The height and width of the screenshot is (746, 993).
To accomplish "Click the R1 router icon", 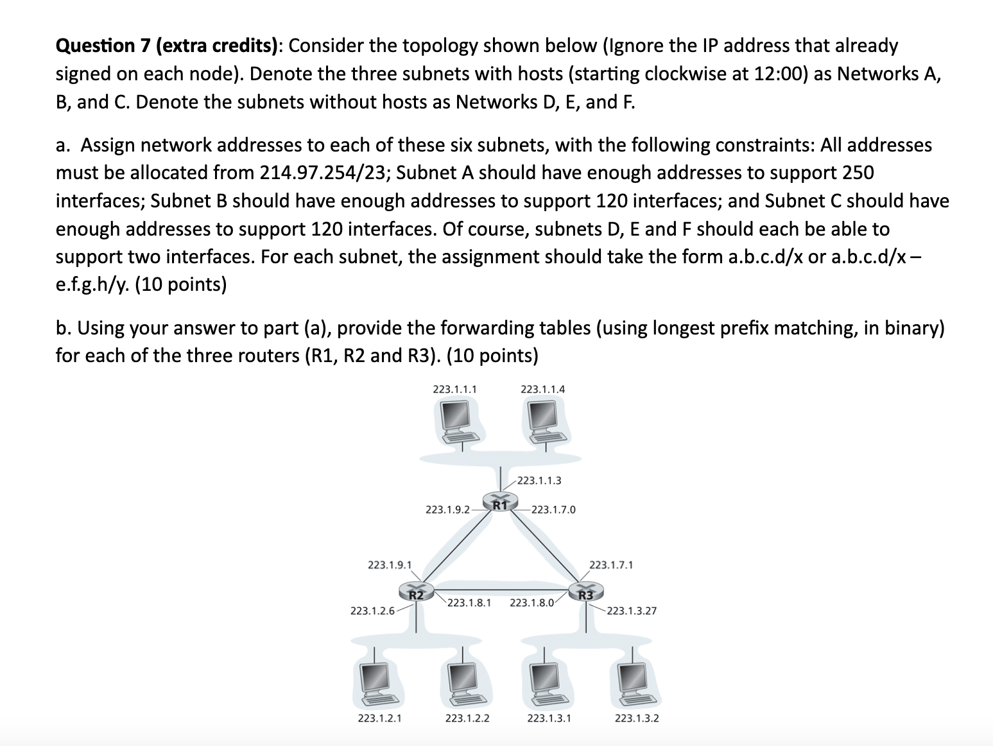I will tap(501, 503).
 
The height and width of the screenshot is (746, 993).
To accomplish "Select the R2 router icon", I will tap(416, 591).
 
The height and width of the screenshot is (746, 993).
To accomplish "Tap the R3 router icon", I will tap(585, 591).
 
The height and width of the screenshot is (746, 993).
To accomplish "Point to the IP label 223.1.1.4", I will tap(542, 388).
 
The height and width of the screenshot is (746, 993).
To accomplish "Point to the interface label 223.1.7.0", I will tap(554, 510).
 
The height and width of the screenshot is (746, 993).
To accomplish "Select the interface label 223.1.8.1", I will tap(469, 603).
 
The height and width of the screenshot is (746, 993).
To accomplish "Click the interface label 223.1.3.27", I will tap(632, 611).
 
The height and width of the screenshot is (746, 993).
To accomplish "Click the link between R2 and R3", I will tap(501, 590).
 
